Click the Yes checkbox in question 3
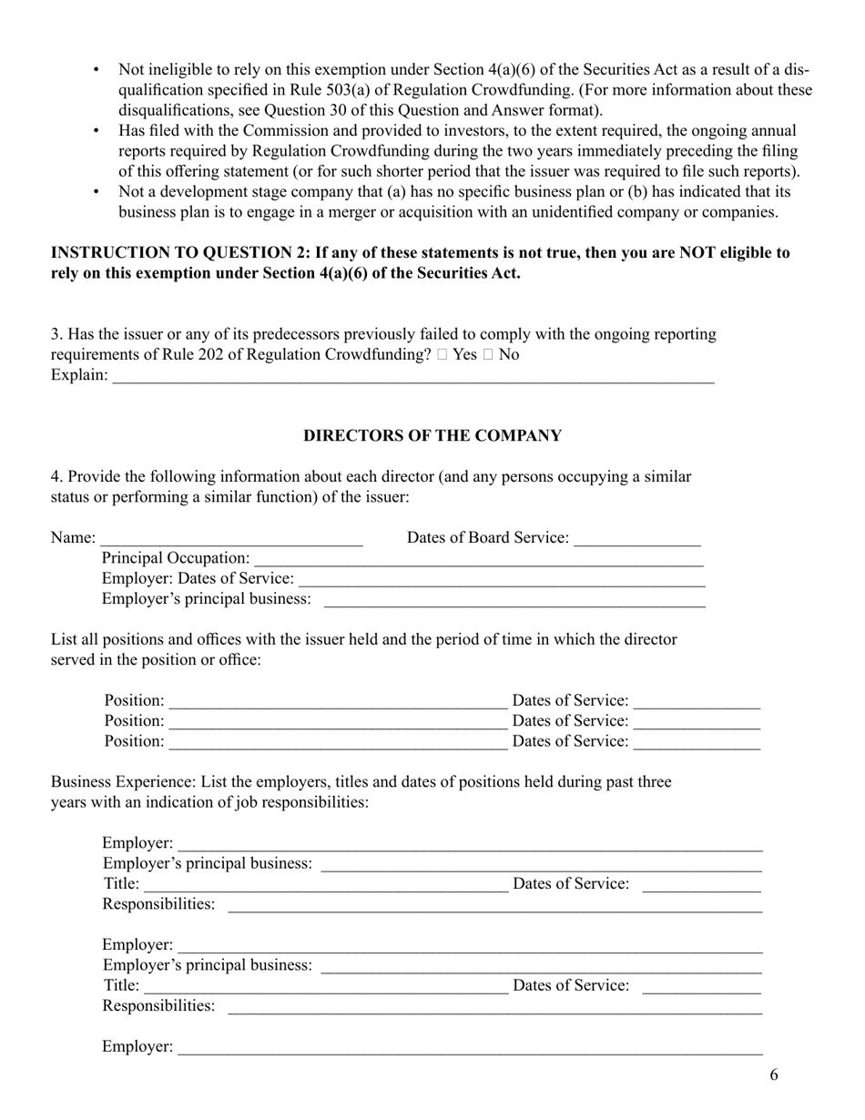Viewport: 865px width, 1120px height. (x=442, y=355)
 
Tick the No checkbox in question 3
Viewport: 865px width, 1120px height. (x=488, y=355)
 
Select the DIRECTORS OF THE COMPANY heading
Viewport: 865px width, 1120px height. (x=432, y=436)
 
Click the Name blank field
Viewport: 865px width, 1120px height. (x=231, y=538)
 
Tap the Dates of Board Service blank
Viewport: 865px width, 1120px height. (x=637, y=538)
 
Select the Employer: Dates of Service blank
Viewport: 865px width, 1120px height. (x=502, y=578)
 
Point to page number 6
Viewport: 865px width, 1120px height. (x=774, y=1075)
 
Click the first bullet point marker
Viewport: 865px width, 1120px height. (x=97, y=70)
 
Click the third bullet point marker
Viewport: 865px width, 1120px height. (x=97, y=192)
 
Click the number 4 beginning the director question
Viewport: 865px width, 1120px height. (x=55, y=477)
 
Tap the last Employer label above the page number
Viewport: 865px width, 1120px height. (x=137, y=1047)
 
